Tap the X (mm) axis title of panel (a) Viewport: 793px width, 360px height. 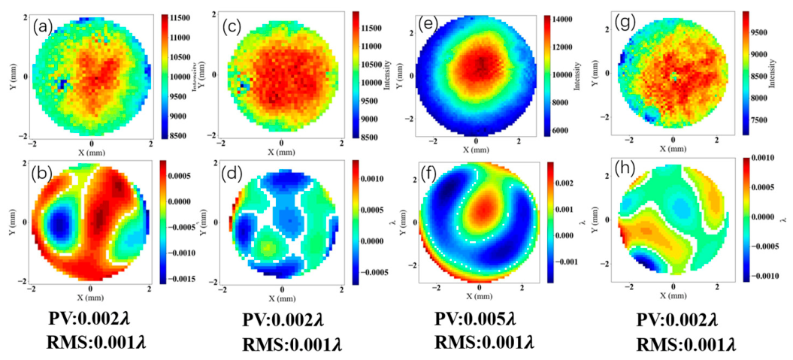92,153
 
